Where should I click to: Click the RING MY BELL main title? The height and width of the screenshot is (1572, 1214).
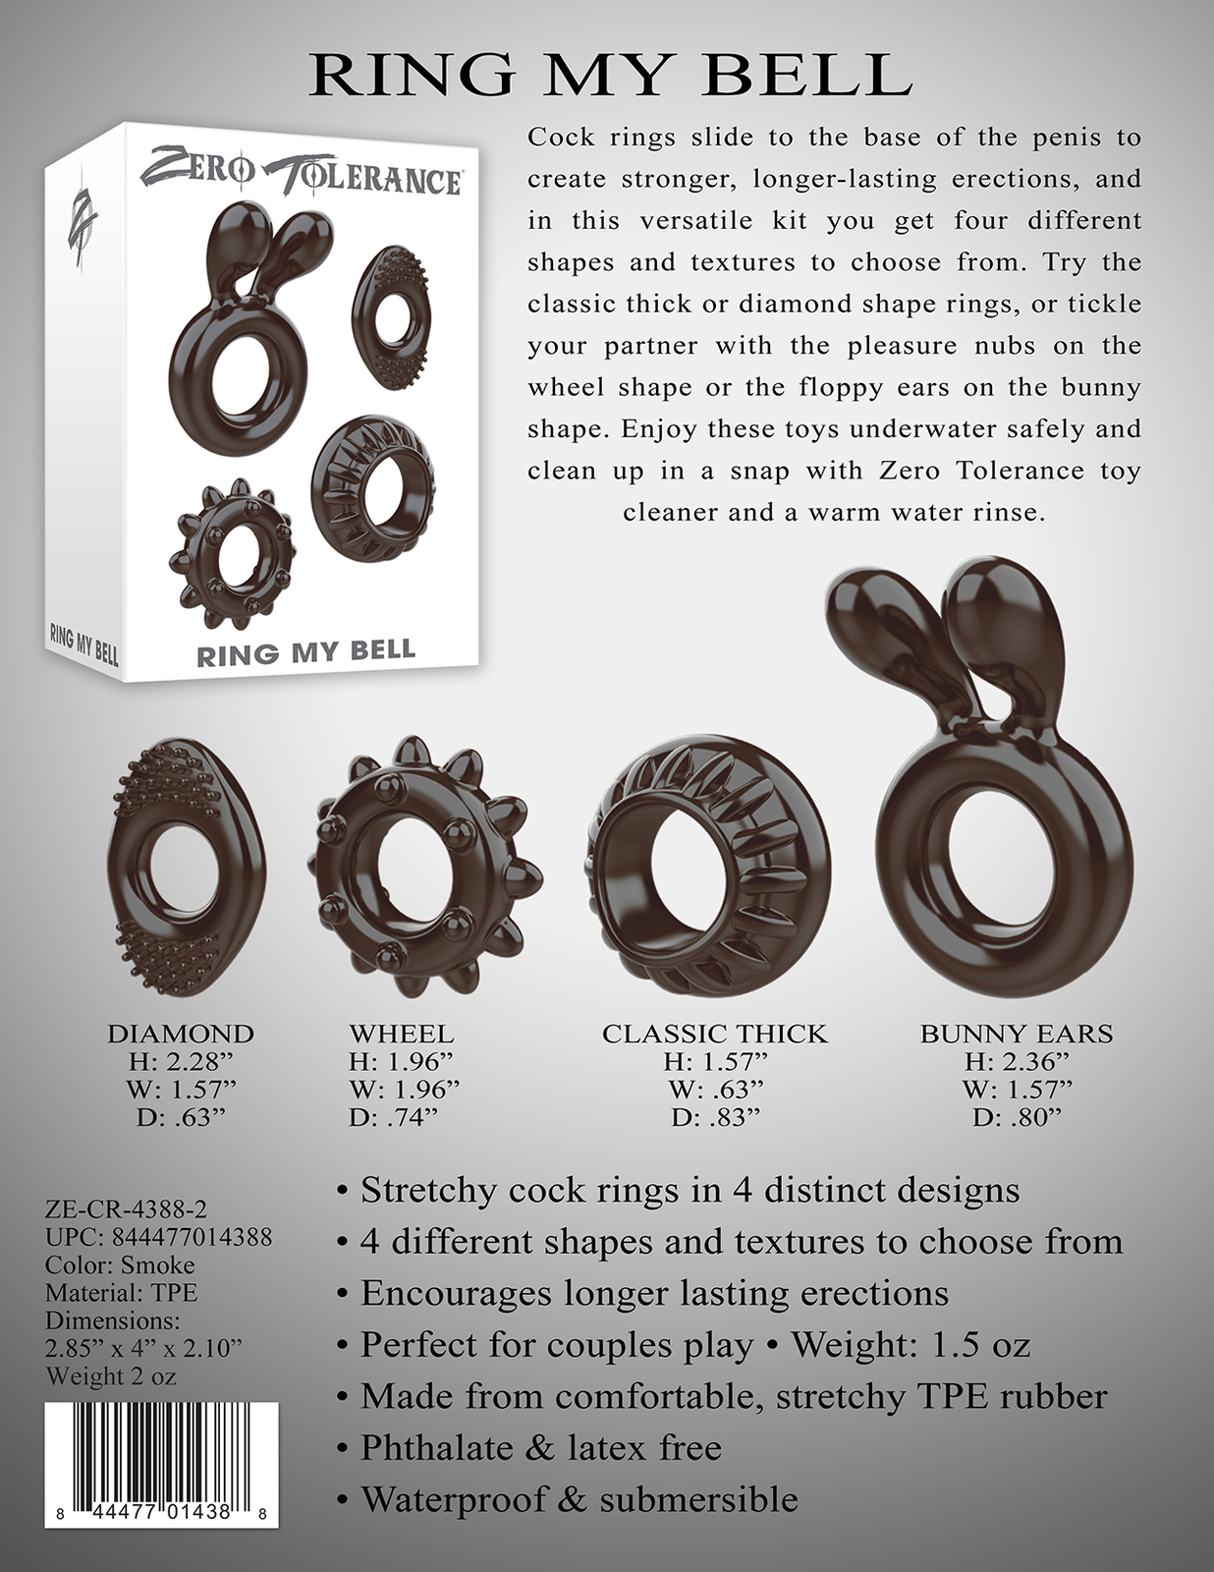click(610, 76)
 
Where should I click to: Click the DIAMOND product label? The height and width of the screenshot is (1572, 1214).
click(181, 1034)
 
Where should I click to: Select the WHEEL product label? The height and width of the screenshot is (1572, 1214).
click(402, 1034)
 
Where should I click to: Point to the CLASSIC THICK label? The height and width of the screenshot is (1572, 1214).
click(714, 1034)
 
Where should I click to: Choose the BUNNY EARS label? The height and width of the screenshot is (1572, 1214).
click(1016, 1034)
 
